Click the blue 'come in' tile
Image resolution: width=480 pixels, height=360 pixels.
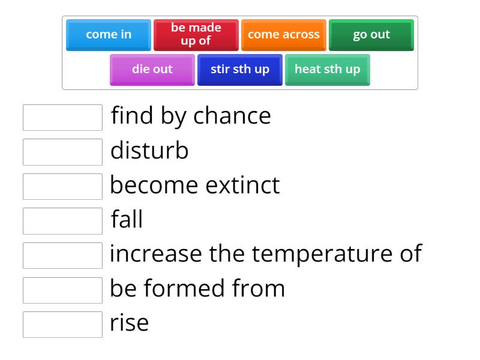tap(109, 35)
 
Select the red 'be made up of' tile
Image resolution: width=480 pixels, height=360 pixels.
tap(196, 35)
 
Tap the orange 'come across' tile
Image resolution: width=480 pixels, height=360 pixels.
tap(284, 35)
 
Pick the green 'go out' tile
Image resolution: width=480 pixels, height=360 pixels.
tap(371, 35)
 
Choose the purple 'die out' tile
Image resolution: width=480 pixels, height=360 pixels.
tap(152, 70)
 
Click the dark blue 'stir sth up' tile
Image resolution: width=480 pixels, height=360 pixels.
tap(240, 70)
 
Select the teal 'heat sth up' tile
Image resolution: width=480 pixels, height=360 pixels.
tap(328, 70)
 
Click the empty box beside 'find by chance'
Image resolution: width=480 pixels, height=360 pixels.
tap(62, 118)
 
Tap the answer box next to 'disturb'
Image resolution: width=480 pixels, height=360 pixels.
tap(62, 152)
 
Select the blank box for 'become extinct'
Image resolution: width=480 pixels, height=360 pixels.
tap(62, 187)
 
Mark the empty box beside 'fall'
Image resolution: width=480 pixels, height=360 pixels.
tap(62, 221)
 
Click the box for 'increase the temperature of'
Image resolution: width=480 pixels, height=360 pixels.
tap(62, 256)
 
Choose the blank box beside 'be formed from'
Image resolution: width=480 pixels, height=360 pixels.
tap(62, 290)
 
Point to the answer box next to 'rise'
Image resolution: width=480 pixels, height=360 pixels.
tap(62, 325)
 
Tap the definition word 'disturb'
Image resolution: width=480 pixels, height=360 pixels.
tap(149, 151)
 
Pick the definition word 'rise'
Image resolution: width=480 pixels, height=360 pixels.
tap(129, 323)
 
